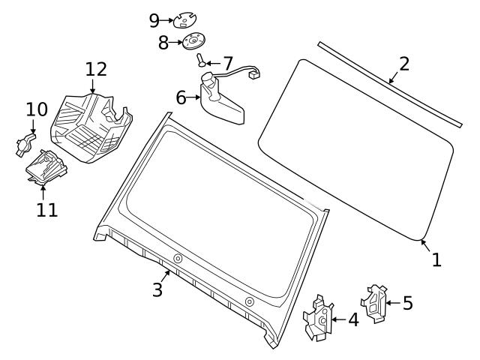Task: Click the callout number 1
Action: coord(436,259)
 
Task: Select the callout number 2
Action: coord(404,64)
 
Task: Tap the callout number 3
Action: coord(157,290)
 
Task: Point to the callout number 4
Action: coord(353,319)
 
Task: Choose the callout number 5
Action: coord(407,303)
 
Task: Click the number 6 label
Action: coord(181,97)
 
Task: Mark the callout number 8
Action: coord(163,43)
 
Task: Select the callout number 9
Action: coord(154,19)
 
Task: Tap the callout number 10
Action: coord(36,109)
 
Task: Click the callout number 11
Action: coord(46,209)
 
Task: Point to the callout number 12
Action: coord(96,70)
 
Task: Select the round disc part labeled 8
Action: coord(193,41)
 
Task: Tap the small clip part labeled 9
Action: coord(184,19)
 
